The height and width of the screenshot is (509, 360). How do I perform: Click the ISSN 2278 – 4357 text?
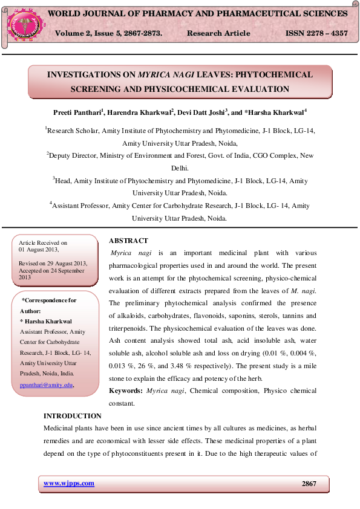pos(316,33)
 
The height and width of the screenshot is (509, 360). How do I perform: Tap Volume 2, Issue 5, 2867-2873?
pos(108,33)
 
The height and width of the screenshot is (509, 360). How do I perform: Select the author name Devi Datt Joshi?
pos(201,112)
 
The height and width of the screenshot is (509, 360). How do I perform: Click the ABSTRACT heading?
pos(128,241)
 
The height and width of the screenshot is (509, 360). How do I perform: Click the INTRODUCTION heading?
pos(73,416)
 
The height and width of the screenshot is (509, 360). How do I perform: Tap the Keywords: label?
pos(126,392)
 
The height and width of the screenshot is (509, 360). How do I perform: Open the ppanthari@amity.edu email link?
pos(46,384)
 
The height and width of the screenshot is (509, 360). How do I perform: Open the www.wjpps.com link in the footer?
pos(69,483)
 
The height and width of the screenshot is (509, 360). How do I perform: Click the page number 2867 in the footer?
pos(309,484)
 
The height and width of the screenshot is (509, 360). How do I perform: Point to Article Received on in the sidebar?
pos(43,242)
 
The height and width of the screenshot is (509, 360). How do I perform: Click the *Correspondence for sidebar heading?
pos(49,300)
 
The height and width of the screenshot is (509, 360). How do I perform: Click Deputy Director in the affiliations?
pos(73,155)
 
